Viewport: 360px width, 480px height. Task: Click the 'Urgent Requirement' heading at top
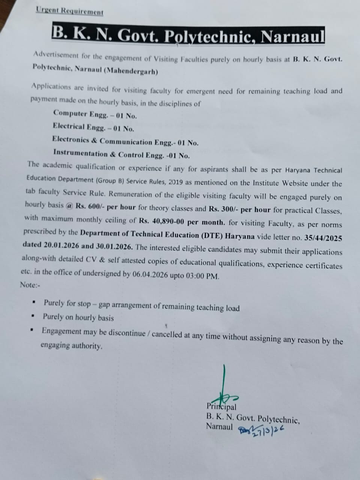[70, 11]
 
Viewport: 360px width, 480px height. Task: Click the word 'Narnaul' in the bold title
[292, 37]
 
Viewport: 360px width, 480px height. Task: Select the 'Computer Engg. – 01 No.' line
[95, 114]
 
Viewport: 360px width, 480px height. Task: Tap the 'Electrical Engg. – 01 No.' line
[93, 127]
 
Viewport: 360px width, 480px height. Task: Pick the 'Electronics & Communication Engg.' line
[125, 141]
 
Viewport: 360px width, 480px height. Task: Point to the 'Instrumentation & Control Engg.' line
[121, 154]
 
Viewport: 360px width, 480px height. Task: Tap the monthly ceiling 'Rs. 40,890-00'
[162, 222]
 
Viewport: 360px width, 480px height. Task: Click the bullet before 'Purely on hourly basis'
[33, 316]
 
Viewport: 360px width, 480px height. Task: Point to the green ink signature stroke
[225, 382]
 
